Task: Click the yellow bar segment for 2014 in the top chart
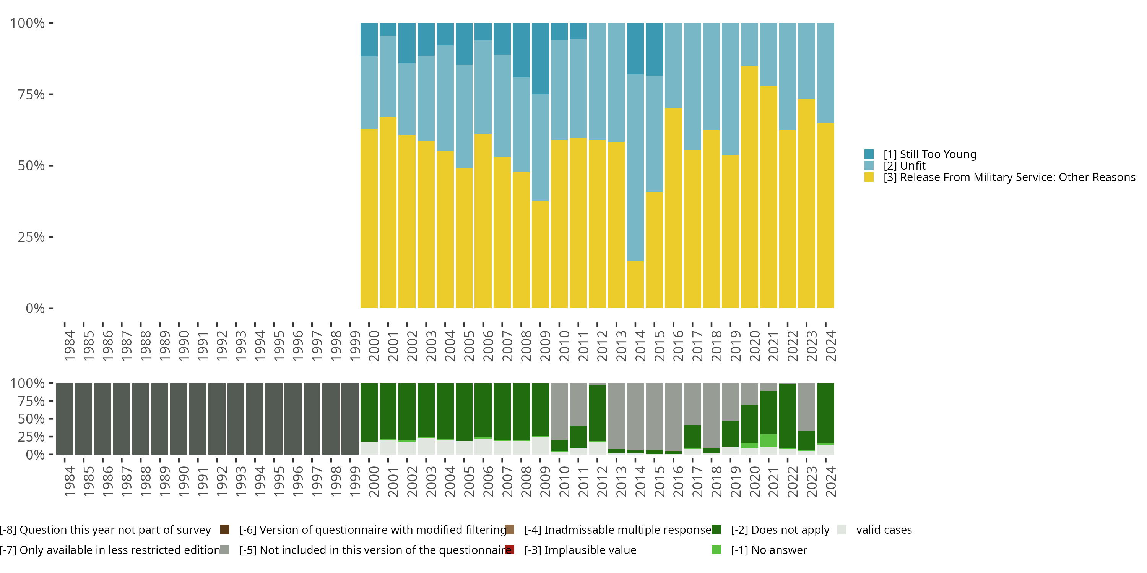pos(635,285)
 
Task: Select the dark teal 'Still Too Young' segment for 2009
pos(540,59)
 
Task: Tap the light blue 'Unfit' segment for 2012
pos(597,82)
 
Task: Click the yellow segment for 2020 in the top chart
pos(749,187)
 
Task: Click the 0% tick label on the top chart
pos(35,308)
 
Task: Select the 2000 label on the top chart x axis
pos(374,346)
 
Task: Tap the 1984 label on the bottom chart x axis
pos(69,481)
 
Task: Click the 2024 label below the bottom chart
pos(831,481)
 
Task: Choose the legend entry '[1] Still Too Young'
pos(920,154)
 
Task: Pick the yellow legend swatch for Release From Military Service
pos(869,178)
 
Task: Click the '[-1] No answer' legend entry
pos(759,550)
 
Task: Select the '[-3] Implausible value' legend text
pos(580,550)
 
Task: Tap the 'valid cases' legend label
pos(884,530)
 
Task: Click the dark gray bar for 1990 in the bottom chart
pos(179,419)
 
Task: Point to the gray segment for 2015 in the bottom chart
pos(654,416)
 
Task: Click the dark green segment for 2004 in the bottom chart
pos(445,411)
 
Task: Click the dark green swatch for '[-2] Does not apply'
pos(716,530)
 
